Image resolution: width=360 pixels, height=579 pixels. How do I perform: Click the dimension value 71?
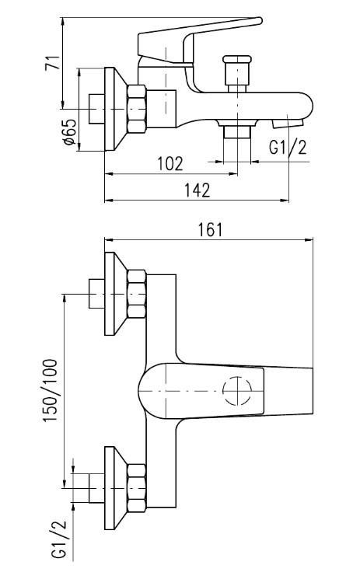click(x=52, y=63)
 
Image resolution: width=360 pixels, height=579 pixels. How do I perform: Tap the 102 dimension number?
click(x=170, y=163)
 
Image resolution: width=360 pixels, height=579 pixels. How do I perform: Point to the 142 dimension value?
click(x=197, y=190)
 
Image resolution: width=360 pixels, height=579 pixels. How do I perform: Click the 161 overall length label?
click(x=210, y=230)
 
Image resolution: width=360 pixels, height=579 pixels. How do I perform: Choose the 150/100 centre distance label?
click(x=51, y=390)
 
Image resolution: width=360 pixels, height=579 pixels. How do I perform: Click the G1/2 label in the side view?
click(x=288, y=147)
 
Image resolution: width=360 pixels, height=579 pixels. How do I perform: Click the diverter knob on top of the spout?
click(x=237, y=74)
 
